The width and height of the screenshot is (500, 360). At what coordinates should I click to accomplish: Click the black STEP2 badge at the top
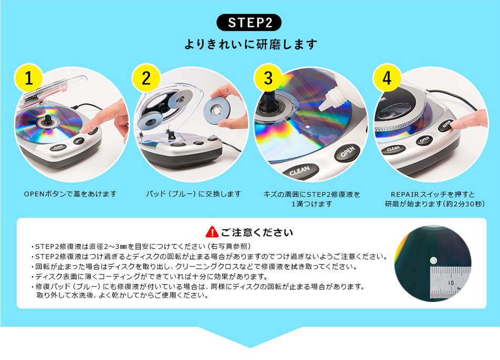(249, 22)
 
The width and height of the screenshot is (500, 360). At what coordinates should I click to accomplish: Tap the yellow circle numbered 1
(29, 78)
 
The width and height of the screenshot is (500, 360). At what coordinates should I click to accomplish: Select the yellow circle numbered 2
(146, 78)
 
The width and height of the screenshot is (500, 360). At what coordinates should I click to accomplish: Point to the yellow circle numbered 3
(268, 78)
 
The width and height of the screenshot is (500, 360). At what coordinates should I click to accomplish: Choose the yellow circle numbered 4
(387, 78)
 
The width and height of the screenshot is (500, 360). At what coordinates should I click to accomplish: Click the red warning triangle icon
(212, 232)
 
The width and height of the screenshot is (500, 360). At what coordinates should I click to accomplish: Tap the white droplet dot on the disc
(433, 261)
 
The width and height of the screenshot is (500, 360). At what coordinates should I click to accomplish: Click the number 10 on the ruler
(451, 282)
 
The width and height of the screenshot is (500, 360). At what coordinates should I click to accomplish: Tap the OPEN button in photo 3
(347, 152)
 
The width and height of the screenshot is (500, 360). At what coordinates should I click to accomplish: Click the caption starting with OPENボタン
(70, 194)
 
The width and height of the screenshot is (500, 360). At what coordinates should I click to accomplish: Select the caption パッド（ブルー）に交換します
(193, 194)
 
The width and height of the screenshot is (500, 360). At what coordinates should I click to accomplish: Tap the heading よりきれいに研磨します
(251, 44)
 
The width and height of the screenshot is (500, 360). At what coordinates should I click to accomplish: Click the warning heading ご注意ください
(257, 232)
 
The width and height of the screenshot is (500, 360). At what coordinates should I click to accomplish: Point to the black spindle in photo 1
(48, 119)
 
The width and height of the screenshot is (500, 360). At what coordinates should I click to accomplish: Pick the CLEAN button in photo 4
(393, 149)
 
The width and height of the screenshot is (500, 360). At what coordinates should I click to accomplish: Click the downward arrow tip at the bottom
(250, 347)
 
